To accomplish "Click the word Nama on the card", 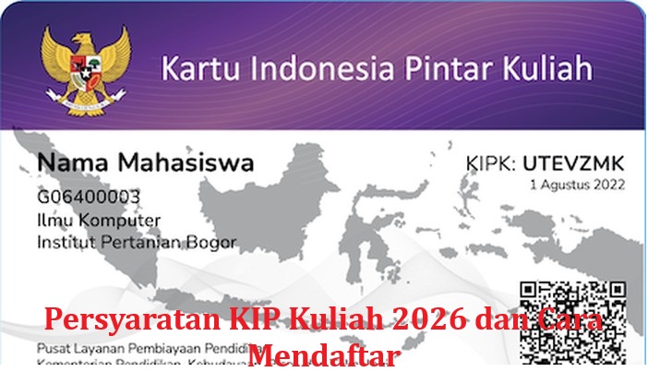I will click(x=73, y=164).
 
